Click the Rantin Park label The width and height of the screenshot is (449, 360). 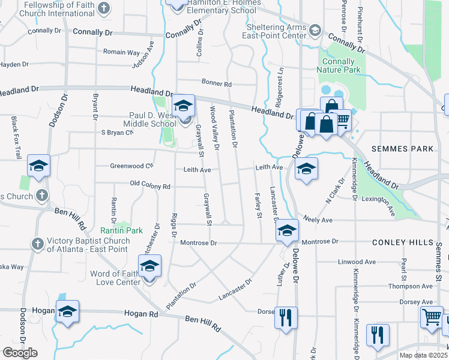pos(126,230)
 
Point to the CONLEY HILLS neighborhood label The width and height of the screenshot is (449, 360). pos(402,242)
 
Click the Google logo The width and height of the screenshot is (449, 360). pos(20,353)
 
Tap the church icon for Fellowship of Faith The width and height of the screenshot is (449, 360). pos(104,8)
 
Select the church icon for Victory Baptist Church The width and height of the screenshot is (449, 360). pos(38,244)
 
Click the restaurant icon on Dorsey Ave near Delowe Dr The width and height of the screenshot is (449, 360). pos(286,316)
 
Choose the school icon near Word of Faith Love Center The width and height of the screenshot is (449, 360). pos(149,266)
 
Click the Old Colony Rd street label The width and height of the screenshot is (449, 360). pos(150,186)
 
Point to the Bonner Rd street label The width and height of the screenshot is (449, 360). pos(217,85)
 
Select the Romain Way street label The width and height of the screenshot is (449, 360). pos(122,53)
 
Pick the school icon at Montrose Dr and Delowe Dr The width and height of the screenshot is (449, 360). pos(288,231)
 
